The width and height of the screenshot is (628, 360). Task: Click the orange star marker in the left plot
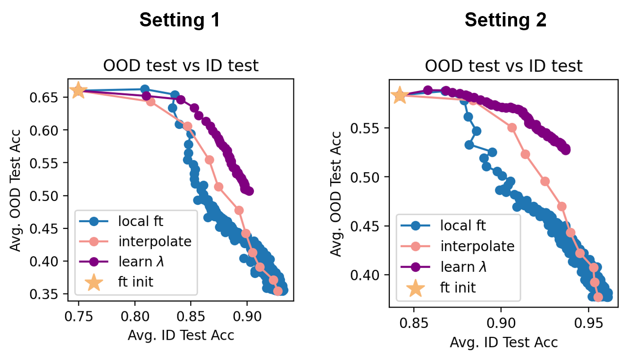(x=78, y=90)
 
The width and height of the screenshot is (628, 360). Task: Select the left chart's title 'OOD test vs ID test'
(x=181, y=66)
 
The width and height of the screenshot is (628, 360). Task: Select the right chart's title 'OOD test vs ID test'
(x=503, y=66)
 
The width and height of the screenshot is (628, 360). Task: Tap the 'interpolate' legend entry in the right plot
(x=477, y=246)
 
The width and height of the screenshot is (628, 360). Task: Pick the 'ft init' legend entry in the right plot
(x=458, y=287)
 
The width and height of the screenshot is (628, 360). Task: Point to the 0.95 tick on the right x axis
(x=588, y=323)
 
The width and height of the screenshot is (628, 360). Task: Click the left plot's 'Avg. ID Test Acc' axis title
(x=181, y=335)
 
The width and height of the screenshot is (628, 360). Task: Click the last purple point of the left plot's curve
(x=249, y=191)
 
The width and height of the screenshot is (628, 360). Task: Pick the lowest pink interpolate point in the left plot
(x=278, y=291)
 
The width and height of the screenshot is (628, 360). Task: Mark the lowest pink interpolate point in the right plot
(x=598, y=297)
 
